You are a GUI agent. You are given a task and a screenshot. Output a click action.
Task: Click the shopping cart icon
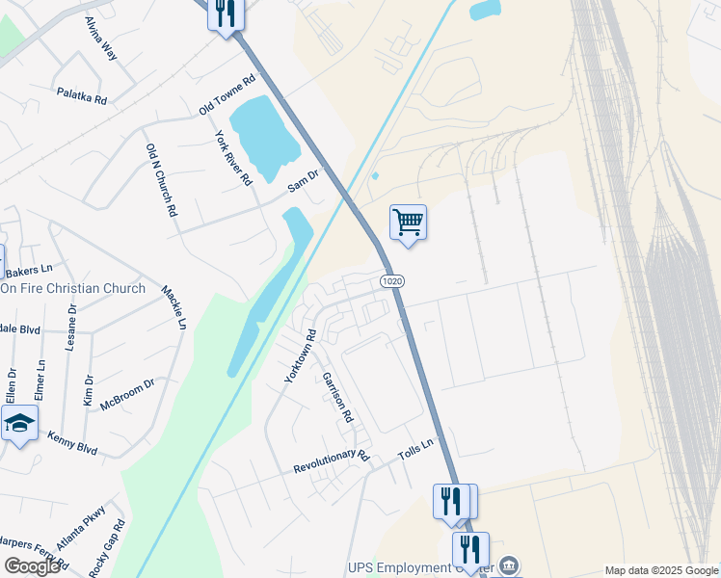(408, 223)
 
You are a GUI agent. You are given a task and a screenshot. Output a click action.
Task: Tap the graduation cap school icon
(19, 424)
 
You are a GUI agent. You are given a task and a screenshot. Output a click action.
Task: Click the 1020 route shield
(391, 280)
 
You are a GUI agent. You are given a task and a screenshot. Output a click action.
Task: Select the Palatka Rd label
(81, 94)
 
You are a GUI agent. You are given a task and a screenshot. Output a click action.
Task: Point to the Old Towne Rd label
(227, 94)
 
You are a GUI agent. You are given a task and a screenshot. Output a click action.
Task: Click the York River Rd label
(233, 157)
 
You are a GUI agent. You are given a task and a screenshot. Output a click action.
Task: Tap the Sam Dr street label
(302, 180)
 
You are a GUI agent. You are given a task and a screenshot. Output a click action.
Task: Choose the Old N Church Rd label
(162, 179)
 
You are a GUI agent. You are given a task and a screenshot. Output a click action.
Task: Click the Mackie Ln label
(174, 307)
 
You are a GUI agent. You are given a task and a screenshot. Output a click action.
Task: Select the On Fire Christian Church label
(73, 288)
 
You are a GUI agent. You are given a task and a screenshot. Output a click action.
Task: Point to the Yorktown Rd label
(300, 356)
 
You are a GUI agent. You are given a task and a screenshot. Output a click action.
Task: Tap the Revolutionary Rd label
(332, 461)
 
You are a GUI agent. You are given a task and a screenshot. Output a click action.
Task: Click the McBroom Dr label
(127, 393)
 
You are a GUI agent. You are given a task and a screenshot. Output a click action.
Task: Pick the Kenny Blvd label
(72, 443)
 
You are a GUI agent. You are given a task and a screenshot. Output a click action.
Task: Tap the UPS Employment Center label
(433, 567)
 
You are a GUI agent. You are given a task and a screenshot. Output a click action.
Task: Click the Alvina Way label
(100, 39)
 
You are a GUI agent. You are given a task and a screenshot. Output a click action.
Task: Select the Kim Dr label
(88, 390)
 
